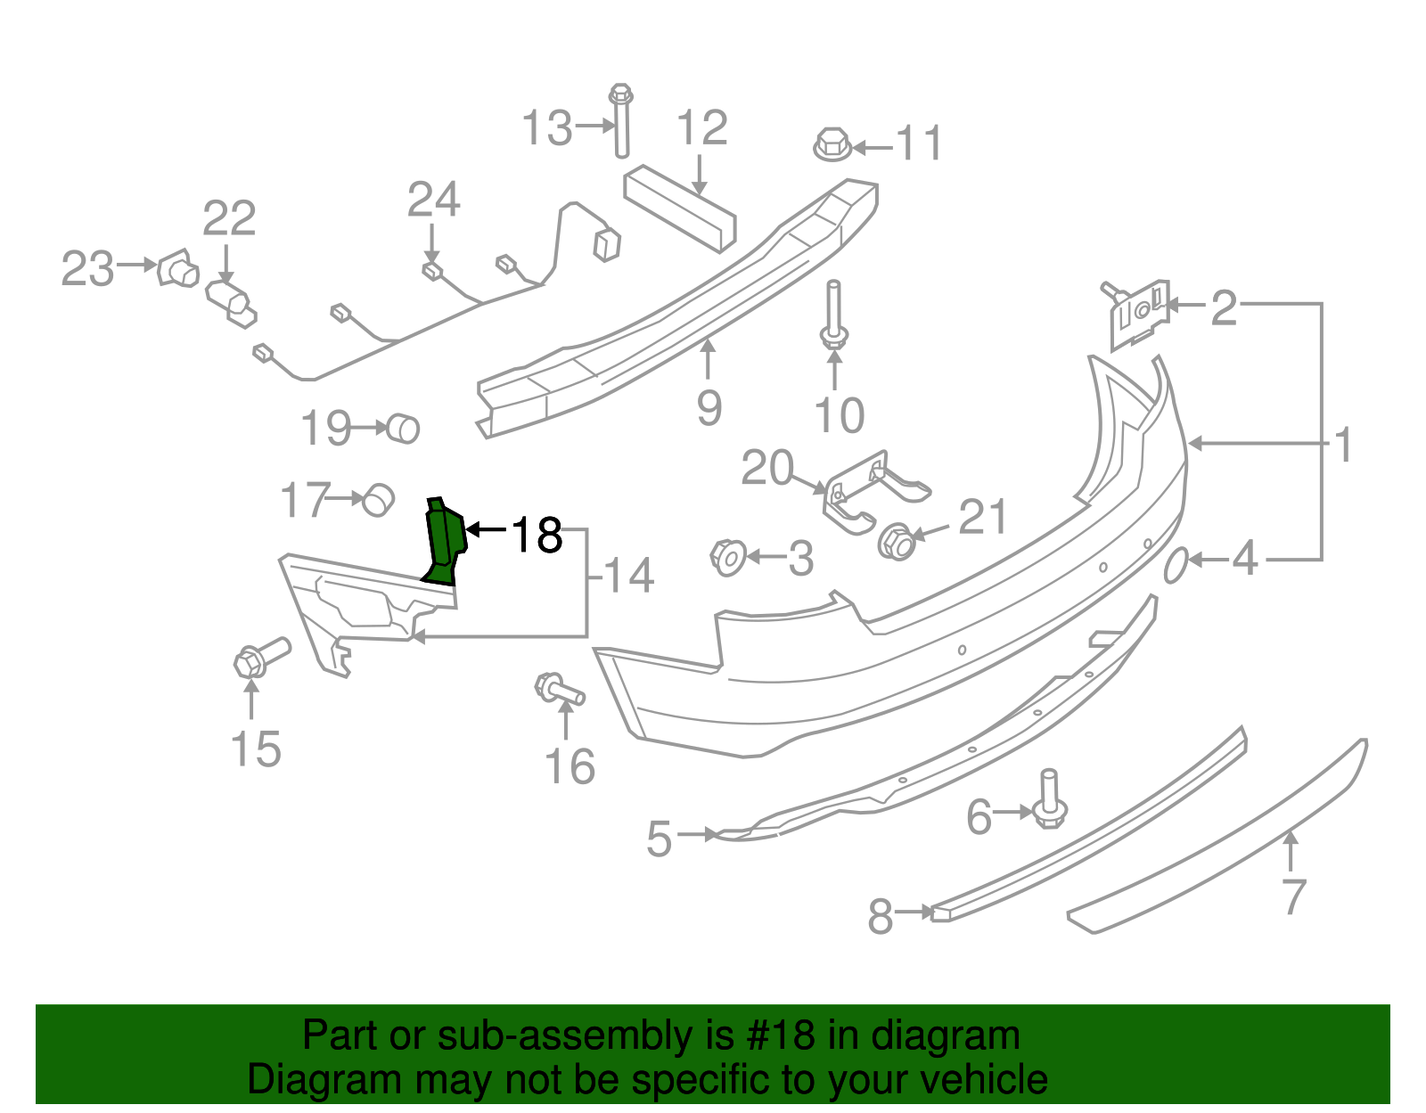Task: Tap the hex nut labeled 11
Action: tap(832, 144)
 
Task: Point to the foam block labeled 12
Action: tap(680, 207)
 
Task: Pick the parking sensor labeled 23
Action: tap(177, 267)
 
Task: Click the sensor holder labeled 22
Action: tap(231, 303)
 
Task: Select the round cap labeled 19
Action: tap(403, 429)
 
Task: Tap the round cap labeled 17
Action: tap(379, 500)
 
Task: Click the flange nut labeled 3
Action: tap(728, 558)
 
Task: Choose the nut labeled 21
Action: tap(897, 542)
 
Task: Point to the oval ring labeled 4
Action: tap(1176, 565)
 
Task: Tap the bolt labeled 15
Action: tap(259, 658)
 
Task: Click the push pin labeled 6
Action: tap(1049, 799)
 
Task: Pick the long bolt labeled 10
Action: tap(833, 315)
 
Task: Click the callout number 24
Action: tap(433, 200)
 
